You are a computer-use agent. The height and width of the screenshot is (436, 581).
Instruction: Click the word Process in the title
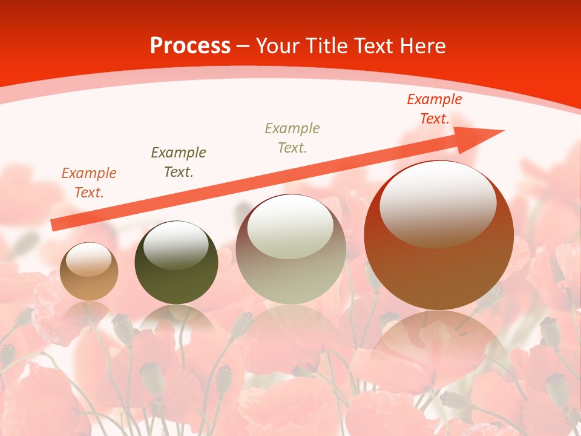point(190,46)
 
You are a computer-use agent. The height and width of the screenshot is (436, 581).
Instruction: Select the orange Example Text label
point(88,183)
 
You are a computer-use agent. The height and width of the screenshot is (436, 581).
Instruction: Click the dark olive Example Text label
point(178,162)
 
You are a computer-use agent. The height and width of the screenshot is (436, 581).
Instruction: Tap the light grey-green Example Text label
point(292,137)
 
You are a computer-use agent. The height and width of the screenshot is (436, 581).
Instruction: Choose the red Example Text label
point(434,109)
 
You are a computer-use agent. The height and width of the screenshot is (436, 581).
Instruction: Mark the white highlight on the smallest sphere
point(88,259)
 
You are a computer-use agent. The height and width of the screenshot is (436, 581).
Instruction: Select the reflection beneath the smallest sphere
point(89,312)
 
